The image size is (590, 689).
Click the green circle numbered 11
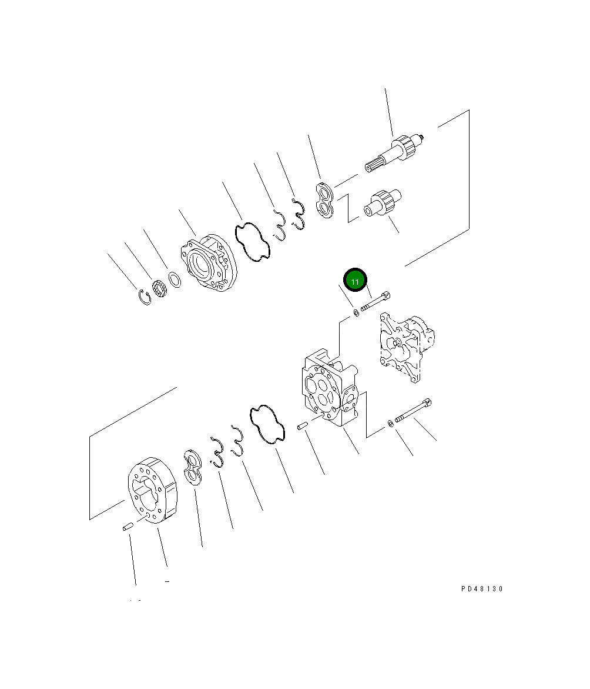pyautogui.click(x=355, y=280)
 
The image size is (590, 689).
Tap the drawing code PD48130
pyautogui.click(x=481, y=588)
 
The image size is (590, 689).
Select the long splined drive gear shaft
pyautogui.click(x=394, y=152)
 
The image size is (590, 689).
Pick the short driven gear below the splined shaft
pyautogui.click(x=383, y=202)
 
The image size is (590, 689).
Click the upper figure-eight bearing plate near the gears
pyautogui.click(x=326, y=201)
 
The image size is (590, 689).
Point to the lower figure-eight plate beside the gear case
pyautogui.click(x=192, y=468)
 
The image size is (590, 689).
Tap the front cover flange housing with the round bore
pyautogui.click(x=209, y=263)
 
